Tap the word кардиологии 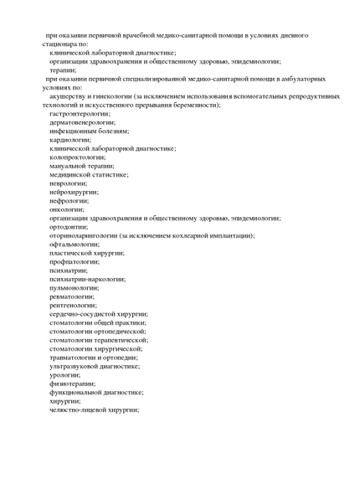click(x=69, y=140)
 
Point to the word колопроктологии click(x=77, y=157)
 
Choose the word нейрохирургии click(x=73, y=192)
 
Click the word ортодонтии click(x=67, y=226)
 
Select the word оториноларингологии click(x=83, y=235)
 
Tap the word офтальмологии click(x=74, y=244)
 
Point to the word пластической click(x=71, y=253)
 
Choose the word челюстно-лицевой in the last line click(x=76, y=409)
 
